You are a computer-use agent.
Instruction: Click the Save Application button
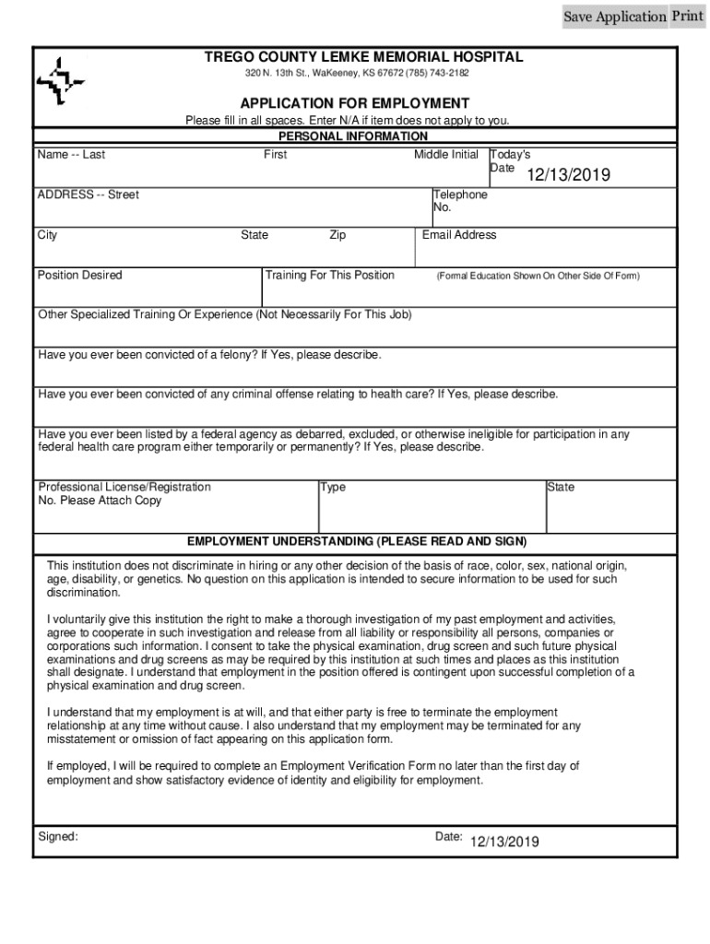(614, 17)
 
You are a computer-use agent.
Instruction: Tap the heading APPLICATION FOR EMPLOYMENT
(355, 103)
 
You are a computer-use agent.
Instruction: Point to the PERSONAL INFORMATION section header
(353, 136)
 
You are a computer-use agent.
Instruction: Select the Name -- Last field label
(71, 155)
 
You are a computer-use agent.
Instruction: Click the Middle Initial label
(446, 155)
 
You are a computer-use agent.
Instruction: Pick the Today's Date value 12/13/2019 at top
(568, 176)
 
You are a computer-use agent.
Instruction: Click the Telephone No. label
(460, 201)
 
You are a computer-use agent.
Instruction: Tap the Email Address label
(459, 235)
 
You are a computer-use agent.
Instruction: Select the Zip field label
(337, 235)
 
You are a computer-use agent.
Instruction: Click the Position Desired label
(79, 275)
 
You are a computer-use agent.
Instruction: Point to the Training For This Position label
(329, 275)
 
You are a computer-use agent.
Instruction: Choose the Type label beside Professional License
(333, 487)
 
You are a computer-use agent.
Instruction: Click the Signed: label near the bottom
(57, 836)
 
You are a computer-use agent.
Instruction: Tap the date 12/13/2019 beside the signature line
(504, 842)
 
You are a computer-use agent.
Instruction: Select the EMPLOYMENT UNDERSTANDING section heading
(357, 541)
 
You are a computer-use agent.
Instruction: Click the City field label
(47, 235)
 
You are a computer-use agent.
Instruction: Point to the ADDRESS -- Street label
(88, 195)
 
